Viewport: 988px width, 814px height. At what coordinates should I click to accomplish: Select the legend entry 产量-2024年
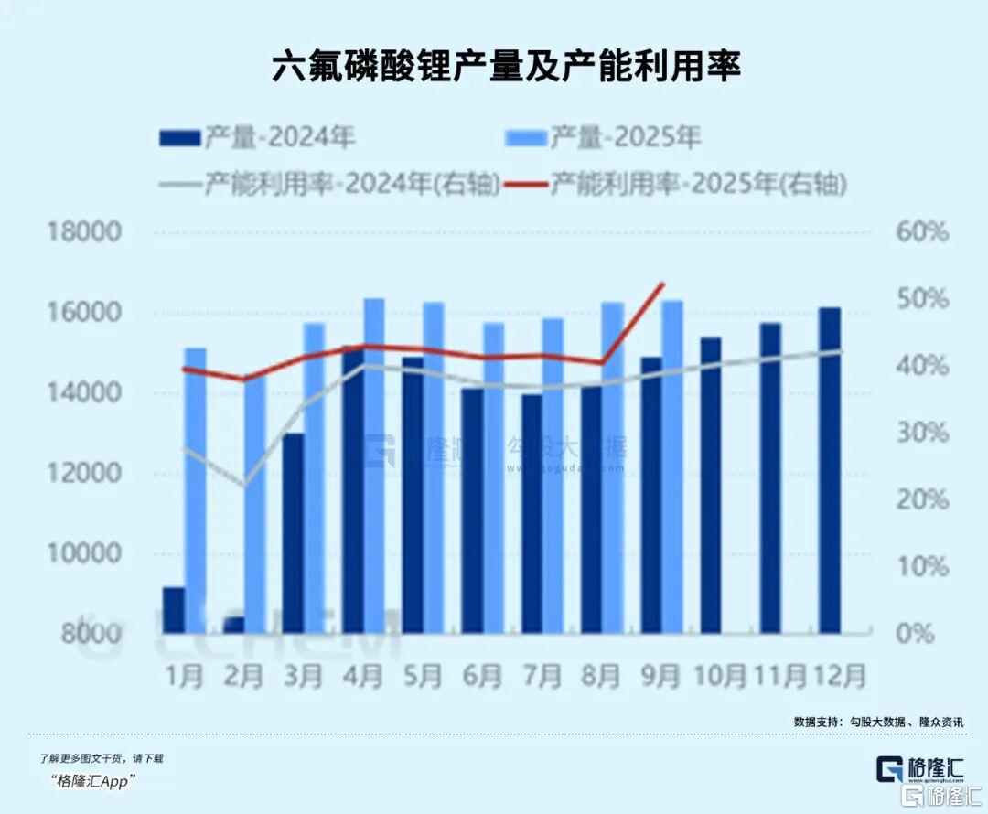[x=257, y=138]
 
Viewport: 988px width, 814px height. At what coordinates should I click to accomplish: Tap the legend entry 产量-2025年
[x=603, y=138]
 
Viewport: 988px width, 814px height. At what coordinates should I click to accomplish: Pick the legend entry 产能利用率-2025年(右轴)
[x=696, y=184]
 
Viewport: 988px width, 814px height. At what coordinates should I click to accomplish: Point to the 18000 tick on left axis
[x=83, y=231]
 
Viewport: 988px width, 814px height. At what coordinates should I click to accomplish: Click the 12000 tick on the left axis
[x=83, y=473]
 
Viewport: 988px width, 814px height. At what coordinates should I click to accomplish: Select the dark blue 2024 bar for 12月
[x=830, y=470]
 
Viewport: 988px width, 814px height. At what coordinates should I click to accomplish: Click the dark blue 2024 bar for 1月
[x=174, y=609]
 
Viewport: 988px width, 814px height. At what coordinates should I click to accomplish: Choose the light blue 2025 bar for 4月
[x=374, y=466]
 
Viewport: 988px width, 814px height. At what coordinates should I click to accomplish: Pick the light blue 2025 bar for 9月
[x=672, y=466]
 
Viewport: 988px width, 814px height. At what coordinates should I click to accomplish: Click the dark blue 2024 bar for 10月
[x=711, y=485]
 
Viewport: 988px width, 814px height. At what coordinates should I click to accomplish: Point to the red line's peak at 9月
[x=662, y=284]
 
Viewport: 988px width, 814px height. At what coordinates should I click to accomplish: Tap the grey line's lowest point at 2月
[x=244, y=485]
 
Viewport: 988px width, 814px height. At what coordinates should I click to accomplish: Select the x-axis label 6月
[x=482, y=676]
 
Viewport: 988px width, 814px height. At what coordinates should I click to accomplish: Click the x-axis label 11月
[x=779, y=676]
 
